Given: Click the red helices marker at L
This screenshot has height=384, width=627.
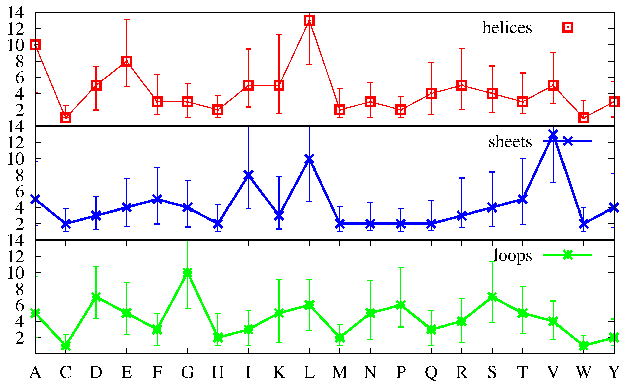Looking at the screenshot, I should pos(309,20).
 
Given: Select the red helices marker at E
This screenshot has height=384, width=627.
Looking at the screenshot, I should pos(126,61).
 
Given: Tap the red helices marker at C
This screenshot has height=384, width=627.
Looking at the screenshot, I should pos(66,118).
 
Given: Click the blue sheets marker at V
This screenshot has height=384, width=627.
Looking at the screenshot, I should pos(553,135).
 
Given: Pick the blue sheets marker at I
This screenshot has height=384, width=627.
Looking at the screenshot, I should pos(248,175).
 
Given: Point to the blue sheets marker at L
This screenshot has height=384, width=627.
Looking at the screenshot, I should pos(309,159).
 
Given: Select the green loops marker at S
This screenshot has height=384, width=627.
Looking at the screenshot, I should pos(492,297).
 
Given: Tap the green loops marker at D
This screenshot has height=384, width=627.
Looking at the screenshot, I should pos(96,297).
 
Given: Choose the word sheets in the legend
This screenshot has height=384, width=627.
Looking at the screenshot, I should pos(510,142).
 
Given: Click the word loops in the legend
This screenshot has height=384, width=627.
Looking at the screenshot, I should pos(512,255).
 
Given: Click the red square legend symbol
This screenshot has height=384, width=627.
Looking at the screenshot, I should pos(568,27).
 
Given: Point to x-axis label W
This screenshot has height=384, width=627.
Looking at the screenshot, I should pos(583,372).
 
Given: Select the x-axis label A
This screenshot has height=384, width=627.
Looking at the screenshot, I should pos(35,372).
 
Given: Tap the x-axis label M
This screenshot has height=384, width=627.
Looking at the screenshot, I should pos(340,372).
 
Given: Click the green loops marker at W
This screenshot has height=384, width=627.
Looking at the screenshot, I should pos(583,346).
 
